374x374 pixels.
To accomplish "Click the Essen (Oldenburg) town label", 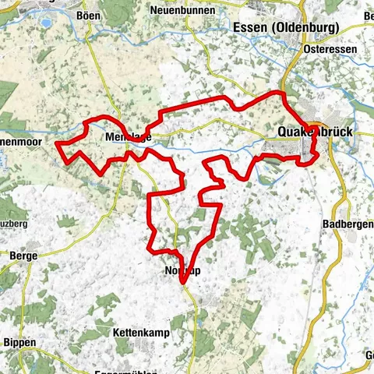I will [x=285, y=27].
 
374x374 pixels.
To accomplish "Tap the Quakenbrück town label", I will [x=316, y=133].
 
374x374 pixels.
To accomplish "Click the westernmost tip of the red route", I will [x=57, y=143].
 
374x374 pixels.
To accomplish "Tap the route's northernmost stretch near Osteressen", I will [x=277, y=93].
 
